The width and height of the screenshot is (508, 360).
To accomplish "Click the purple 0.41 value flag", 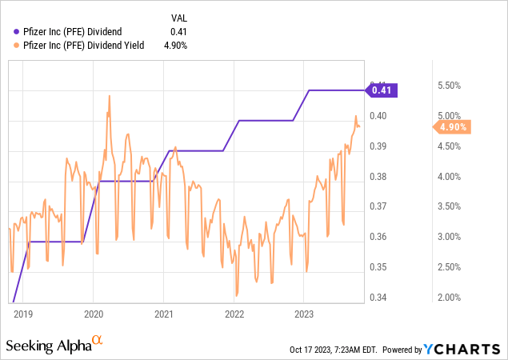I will (x=383, y=90).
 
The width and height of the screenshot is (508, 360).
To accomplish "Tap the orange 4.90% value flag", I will (x=451, y=126).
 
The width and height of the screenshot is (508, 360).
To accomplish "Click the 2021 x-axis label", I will (x=163, y=314).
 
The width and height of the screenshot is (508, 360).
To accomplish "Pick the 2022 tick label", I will (x=234, y=314).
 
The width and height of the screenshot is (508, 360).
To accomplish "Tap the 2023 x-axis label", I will (x=304, y=314).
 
